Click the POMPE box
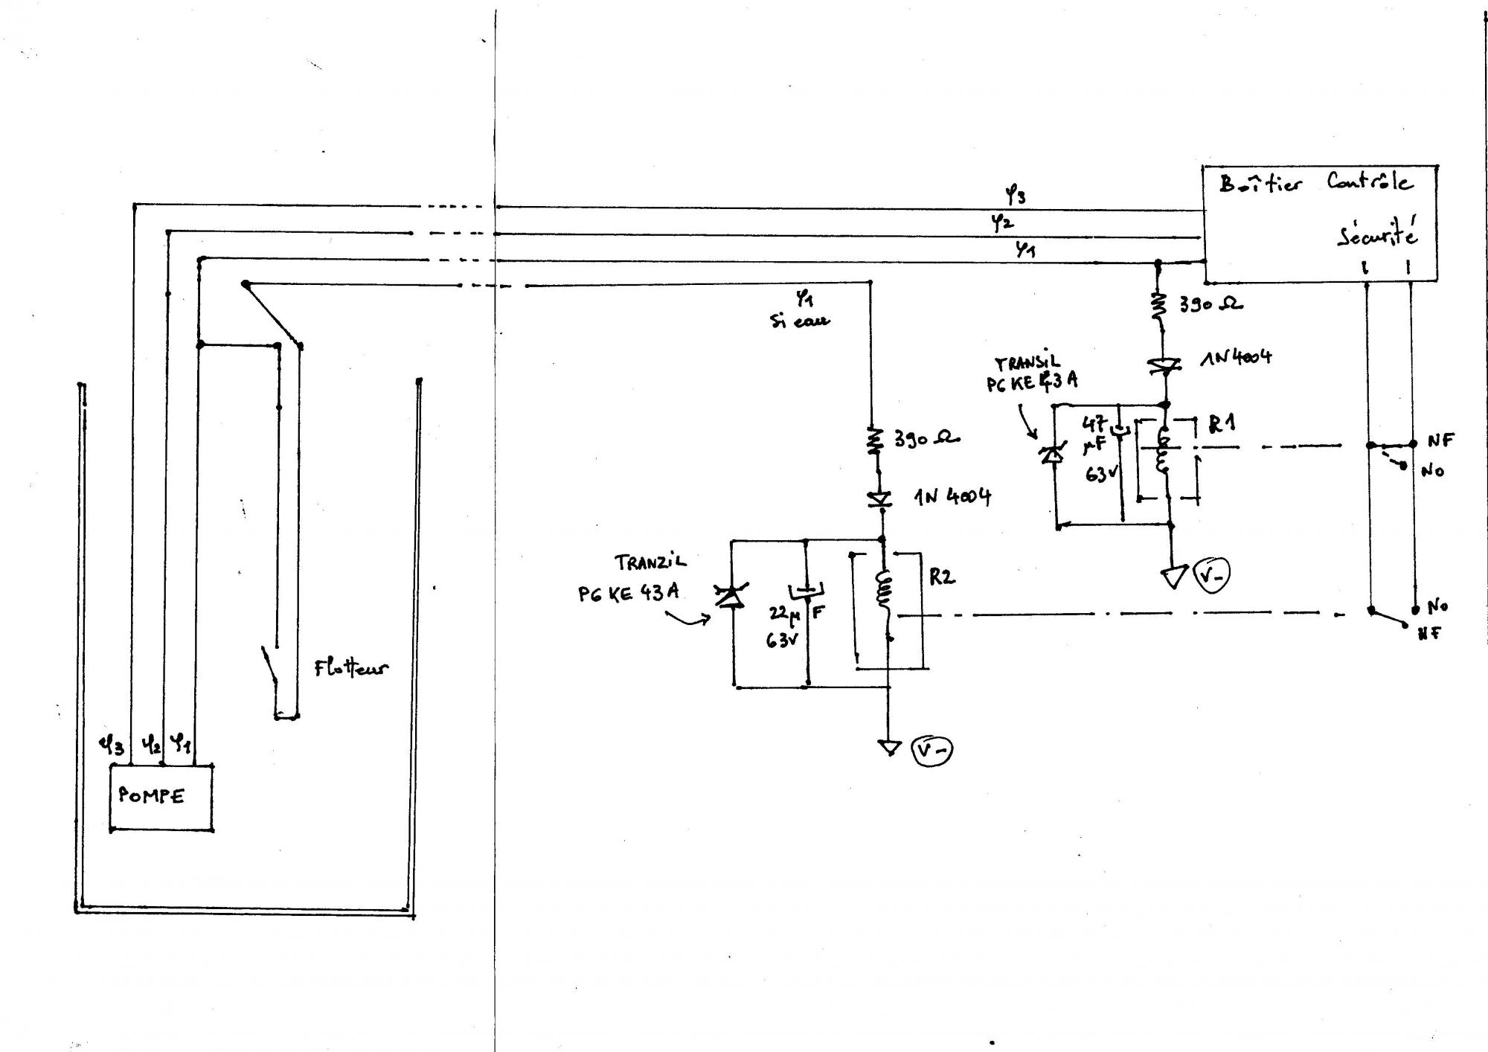(161, 797)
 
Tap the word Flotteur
(350, 667)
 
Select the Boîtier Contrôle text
(1315, 183)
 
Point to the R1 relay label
(1222, 425)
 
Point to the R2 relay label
(941, 577)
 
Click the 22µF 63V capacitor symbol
(806, 591)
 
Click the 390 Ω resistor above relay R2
(876, 440)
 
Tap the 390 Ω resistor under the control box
(1158, 305)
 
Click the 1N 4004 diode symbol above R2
(882, 499)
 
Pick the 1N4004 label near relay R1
(1236, 359)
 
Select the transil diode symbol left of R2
(731, 596)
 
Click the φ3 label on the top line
(1015, 196)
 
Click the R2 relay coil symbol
(885, 589)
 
